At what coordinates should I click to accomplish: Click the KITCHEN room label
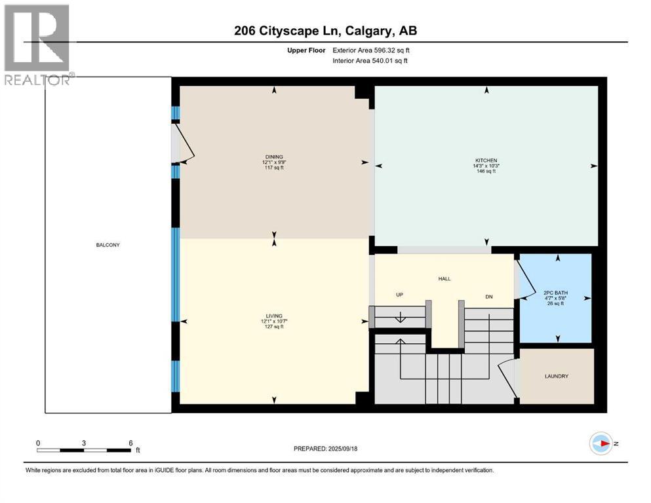pos(486,160)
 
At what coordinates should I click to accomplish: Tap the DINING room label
pos(273,157)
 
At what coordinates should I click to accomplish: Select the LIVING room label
pos(273,316)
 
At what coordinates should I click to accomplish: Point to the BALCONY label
pos(108,245)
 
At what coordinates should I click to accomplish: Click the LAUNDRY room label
pos(556,377)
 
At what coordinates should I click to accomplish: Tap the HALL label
pos(444,279)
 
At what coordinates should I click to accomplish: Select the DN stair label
pos(489,297)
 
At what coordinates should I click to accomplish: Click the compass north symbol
pos(601,443)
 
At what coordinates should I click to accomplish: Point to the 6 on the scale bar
pos(130,443)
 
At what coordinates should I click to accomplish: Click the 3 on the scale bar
pos(84,443)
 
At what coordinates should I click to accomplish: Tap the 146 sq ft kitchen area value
pos(486,172)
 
